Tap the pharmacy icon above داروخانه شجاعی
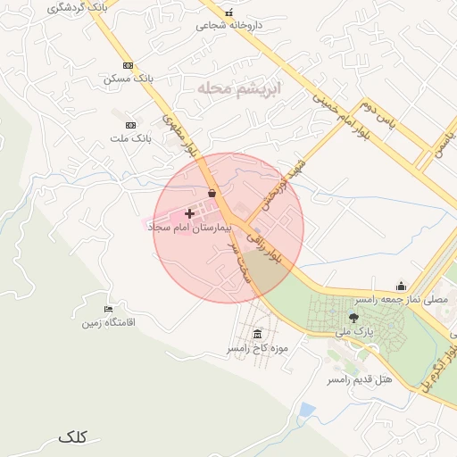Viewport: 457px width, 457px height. (x=229, y=12)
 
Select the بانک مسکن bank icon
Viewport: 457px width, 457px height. (x=128, y=65)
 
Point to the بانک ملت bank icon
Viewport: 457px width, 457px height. (x=131, y=125)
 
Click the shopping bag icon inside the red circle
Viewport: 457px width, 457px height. (x=212, y=192)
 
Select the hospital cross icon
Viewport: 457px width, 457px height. (x=189, y=213)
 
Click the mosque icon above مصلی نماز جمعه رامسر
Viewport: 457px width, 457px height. (x=401, y=287)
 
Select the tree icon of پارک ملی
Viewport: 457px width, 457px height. (x=353, y=317)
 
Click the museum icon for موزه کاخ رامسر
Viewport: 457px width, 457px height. (x=258, y=334)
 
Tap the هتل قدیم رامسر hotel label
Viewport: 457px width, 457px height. (x=360, y=379)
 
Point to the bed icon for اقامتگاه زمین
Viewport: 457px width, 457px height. (x=109, y=309)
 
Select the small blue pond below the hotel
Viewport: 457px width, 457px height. (x=308, y=411)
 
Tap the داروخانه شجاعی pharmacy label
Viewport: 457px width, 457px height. (x=229, y=26)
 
